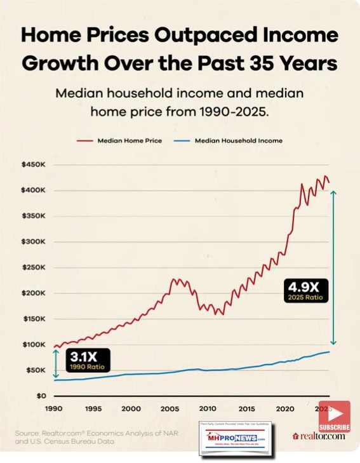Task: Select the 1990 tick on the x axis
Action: click(53, 408)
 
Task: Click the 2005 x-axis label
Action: click(171, 408)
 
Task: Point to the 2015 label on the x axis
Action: click(248, 408)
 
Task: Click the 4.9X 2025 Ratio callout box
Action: click(302, 290)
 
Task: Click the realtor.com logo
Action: click(319, 436)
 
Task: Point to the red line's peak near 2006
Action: click(175, 279)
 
